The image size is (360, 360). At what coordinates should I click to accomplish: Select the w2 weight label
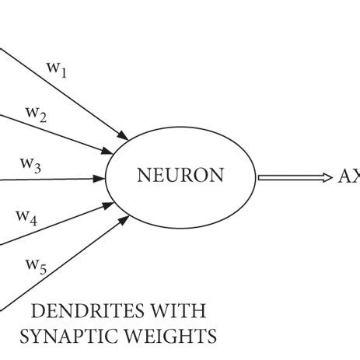pyautogui.click(x=36, y=115)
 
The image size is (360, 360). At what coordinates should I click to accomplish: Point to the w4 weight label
pyautogui.click(x=27, y=218)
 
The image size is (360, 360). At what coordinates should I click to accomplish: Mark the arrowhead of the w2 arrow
pyautogui.click(x=110, y=151)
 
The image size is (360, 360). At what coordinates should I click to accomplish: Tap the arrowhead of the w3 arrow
pyautogui.click(x=100, y=178)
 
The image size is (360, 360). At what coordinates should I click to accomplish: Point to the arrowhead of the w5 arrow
pyautogui.click(x=124, y=222)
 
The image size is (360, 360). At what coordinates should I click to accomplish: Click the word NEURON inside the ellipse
pyautogui.click(x=180, y=177)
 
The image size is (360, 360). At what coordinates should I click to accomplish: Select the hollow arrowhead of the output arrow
pyautogui.click(x=326, y=177)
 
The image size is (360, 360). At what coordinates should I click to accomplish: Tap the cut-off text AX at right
pyautogui.click(x=348, y=177)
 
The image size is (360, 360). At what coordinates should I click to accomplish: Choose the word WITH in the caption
pyautogui.click(x=179, y=313)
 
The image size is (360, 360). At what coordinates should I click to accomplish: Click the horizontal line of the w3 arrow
pyautogui.click(x=47, y=180)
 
